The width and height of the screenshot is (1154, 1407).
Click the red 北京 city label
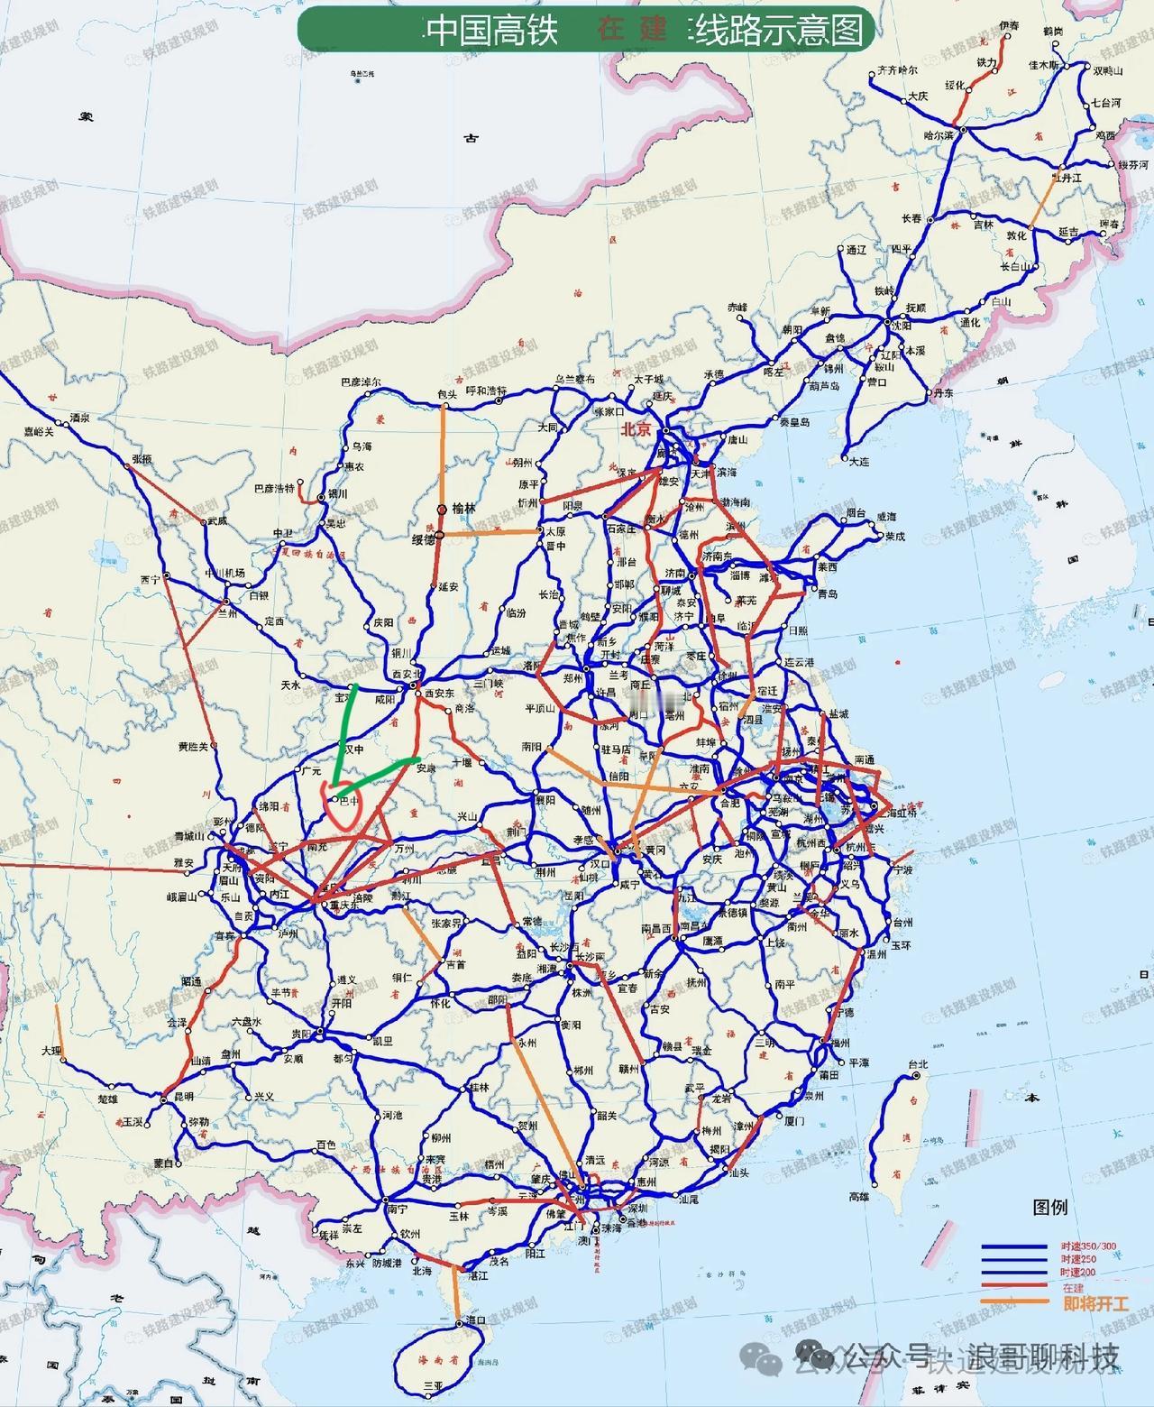pos(635,430)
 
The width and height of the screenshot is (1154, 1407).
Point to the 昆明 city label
pos(184,1098)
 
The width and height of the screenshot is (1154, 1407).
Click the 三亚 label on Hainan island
pos(434,1385)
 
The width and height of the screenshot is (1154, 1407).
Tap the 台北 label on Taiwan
pos(918,1064)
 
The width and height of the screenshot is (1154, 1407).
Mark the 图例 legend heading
pos(1049,1207)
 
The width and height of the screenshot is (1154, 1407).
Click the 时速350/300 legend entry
pos(1087,1246)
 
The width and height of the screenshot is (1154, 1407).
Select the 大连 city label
pos(858,460)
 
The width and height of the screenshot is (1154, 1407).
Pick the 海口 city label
pos(476,1320)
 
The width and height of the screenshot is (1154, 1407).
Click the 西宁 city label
pos(150,580)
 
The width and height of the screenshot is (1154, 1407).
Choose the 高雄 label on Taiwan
pos(859,1197)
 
